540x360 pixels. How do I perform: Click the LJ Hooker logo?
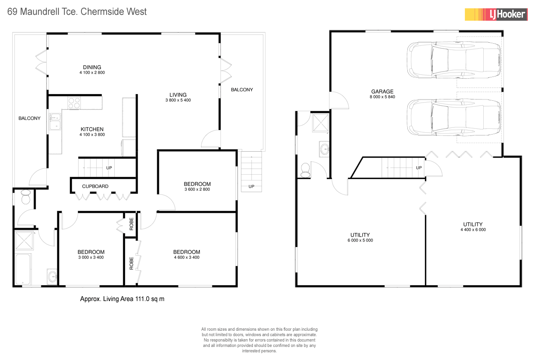tap(495, 14)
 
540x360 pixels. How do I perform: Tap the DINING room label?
tap(92, 67)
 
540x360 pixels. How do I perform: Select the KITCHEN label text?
tap(92, 129)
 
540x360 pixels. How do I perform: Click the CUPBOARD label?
tap(95, 186)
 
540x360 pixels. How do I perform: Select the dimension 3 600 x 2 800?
tap(197, 189)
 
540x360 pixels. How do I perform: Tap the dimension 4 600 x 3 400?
tap(186, 257)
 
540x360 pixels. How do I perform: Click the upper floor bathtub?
tap(23, 269)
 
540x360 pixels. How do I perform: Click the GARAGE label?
tap(382, 91)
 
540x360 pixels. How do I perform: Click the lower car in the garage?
tap(454, 117)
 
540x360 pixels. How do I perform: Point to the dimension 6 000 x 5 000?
tap(360, 240)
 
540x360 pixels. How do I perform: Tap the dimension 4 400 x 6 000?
tap(472, 229)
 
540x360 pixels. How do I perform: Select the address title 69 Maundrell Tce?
tap(77, 12)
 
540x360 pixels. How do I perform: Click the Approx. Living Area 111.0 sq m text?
tap(122, 299)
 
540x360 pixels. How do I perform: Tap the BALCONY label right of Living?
tap(242, 90)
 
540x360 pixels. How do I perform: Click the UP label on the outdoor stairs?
tap(251, 186)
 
